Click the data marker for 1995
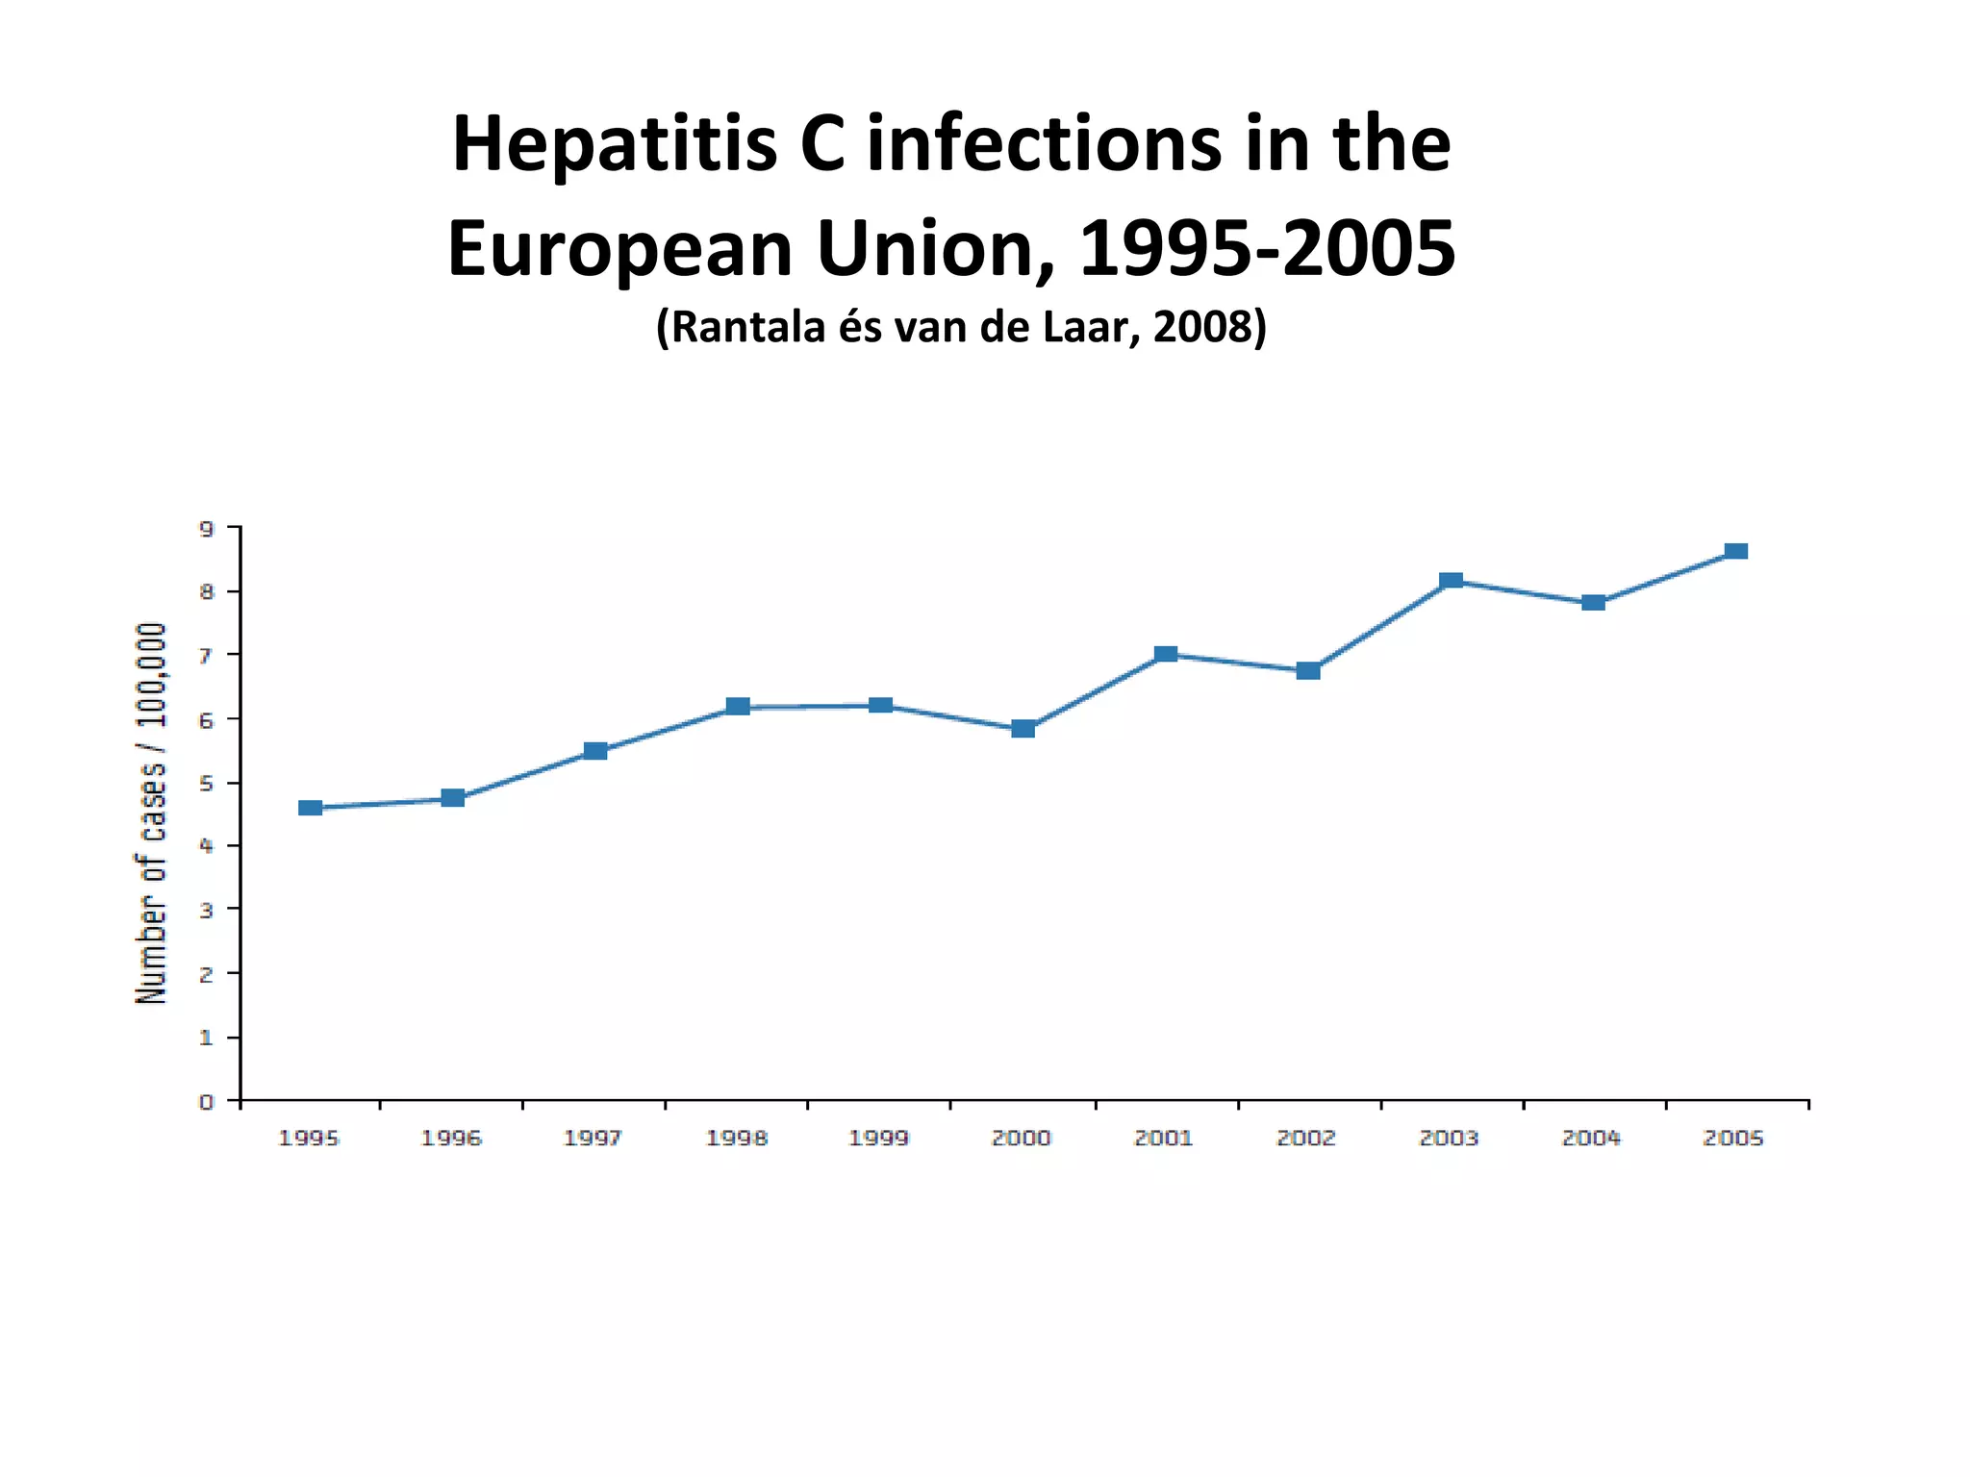click(x=310, y=808)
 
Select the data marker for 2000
click(x=1023, y=729)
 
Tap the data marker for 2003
click(x=1452, y=581)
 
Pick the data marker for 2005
click(x=1736, y=551)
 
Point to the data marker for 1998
click(x=738, y=707)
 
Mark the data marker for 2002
click(x=1308, y=670)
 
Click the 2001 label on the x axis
click(x=1164, y=1139)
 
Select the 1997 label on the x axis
click(x=594, y=1139)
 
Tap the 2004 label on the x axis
click(x=1591, y=1139)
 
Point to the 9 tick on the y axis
click(x=207, y=528)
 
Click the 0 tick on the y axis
click(x=207, y=1102)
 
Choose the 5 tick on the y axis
click(x=207, y=784)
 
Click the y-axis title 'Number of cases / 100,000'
click(x=151, y=814)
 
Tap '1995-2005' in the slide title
click(x=1268, y=249)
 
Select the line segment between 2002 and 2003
click(x=1379, y=626)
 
